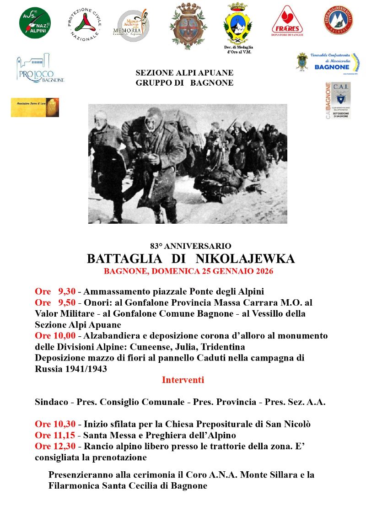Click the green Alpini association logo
click(35, 23)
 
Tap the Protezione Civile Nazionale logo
click(85, 24)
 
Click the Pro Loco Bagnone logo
click(40, 69)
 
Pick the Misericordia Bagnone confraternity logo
click(328, 63)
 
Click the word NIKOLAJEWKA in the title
click(245, 259)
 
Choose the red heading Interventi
click(183, 380)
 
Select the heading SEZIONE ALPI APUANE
click(184, 73)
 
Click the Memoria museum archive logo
click(130, 26)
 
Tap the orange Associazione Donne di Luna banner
click(35, 108)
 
